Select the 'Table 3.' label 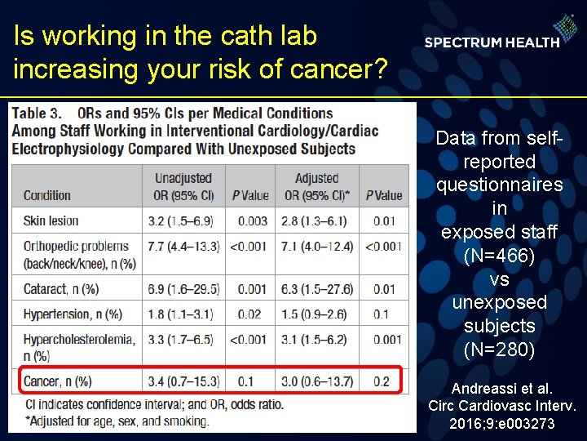point(39,113)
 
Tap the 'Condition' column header point(47,195)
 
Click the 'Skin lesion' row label point(51,220)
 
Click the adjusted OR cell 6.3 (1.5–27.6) point(316,289)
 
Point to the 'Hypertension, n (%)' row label point(72,314)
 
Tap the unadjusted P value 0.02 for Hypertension point(249,314)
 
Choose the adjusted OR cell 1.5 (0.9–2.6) point(315,314)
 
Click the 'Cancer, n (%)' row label point(57,381)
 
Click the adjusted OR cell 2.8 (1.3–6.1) point(315,220)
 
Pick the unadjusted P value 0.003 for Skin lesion point(249,220)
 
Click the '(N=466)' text point(499,256)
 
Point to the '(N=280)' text point(499,350)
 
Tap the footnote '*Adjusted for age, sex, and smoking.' point(117,421)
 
